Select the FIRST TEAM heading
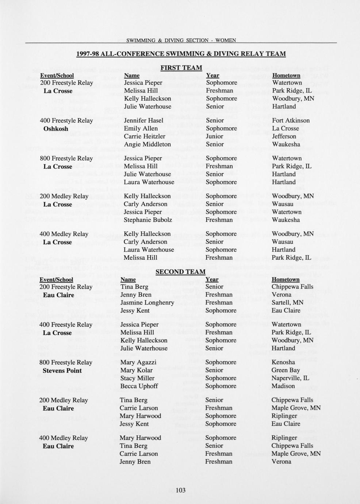coord(181,68)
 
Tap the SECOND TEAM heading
coord(180,272)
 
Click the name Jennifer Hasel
coord(143,121)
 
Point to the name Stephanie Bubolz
coord(148,220)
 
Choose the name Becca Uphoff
coord(139,386)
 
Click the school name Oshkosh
coord(56,129)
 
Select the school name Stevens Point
coord(62,371)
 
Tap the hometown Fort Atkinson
coord(291,121)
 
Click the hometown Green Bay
coord(286,370)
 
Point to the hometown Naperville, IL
coord(290,378)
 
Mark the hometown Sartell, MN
coord(287,302)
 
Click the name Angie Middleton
coord(147,144)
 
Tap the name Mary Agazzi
coord(138,362)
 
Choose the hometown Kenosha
coord(283,362)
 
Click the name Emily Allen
coord(141,129)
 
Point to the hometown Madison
coord(283,386)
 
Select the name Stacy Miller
coord(137,378)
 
